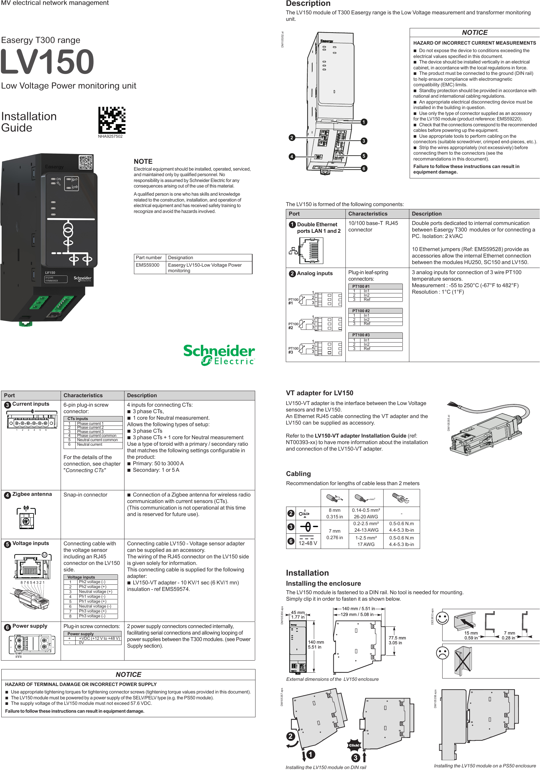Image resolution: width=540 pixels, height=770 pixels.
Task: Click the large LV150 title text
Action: pos(47,62)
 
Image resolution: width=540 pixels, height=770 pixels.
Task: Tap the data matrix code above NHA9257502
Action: pos(112,120)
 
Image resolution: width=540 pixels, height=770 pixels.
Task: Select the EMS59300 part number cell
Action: pos(148,265)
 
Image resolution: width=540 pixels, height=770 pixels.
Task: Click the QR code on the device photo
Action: pos(86,162)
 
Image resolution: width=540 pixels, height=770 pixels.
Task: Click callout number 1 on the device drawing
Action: pos(364,122)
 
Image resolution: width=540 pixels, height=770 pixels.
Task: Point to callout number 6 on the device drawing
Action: pos(364,168)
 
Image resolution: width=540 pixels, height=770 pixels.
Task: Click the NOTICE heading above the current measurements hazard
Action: pos(474,33)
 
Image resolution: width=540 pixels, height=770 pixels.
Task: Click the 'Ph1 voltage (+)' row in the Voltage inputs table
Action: pos(92,601)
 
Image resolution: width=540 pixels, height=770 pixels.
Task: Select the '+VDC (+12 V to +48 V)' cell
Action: pos(99,638)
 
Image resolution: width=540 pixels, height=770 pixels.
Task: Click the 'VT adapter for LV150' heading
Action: pos(319,393)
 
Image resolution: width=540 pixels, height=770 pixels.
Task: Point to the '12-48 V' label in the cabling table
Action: pos(307,543)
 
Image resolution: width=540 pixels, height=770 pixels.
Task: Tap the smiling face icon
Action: pos(442,618)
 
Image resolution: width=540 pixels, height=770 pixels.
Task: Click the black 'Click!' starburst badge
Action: pos(354,745)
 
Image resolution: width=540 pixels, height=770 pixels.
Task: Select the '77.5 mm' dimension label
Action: pos(397,638)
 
